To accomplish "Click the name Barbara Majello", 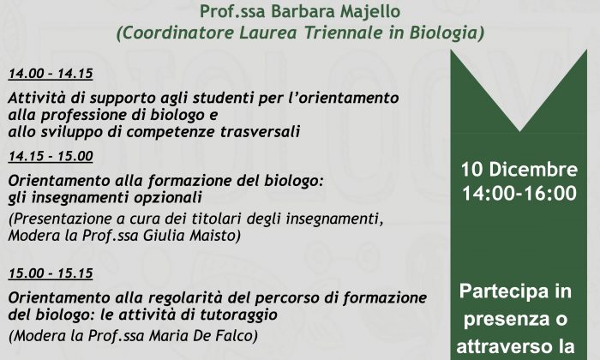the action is [336, 11].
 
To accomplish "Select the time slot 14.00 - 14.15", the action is [51, 74].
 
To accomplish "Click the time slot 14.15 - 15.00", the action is [51, 156].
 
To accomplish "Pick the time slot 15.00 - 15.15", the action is [51, 273].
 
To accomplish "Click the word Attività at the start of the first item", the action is [37, 98].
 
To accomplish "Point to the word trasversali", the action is [260, 132].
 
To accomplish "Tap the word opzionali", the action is [168, 199].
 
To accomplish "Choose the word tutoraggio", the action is [238, 315].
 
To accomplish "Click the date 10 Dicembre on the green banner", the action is [519, 170].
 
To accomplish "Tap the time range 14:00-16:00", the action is [519, 193].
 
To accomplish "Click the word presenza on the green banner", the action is [504, 320].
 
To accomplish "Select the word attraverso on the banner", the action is [499, 347].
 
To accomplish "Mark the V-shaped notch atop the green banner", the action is [519, 130].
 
